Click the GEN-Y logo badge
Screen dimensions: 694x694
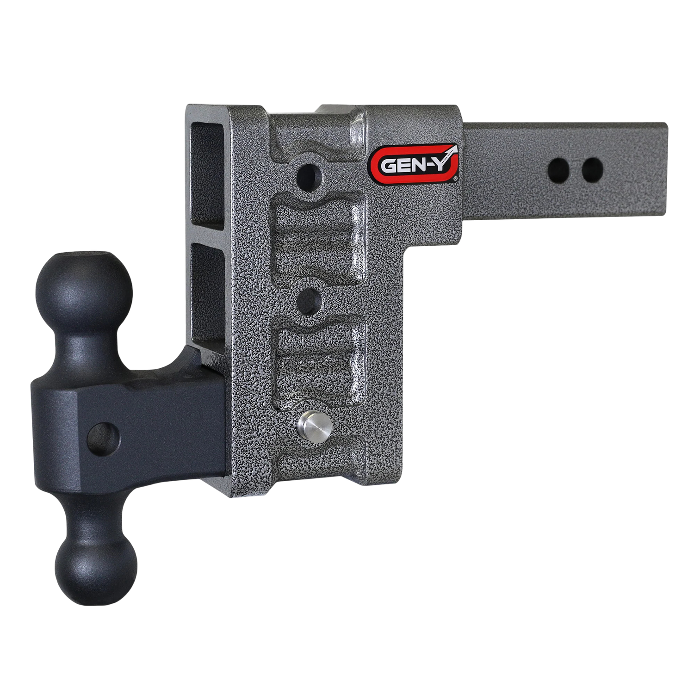tap(415, 164)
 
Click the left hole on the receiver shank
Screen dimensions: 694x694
tap(558, 170)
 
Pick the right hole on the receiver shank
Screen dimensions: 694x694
tap(592, 170)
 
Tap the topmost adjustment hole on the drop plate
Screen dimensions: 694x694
tap(311, 176)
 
